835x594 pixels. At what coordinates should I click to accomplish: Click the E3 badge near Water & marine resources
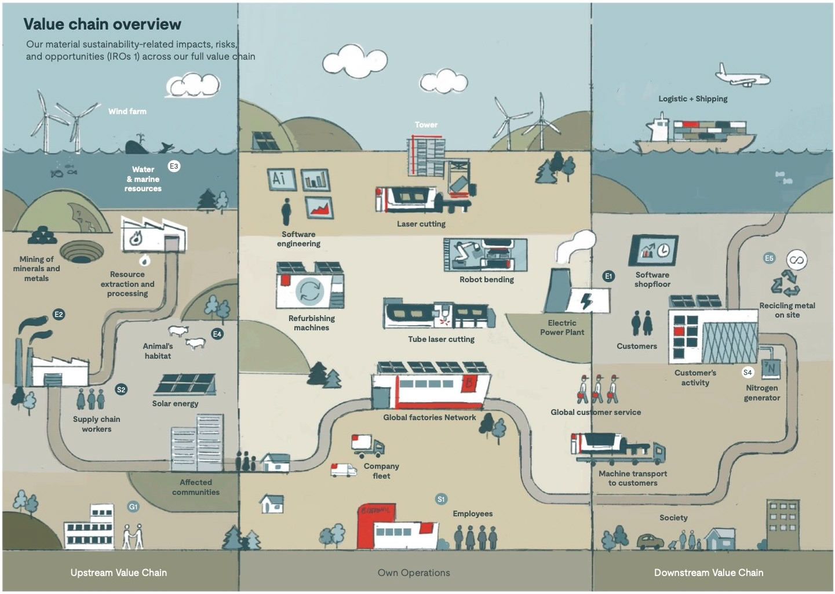174,166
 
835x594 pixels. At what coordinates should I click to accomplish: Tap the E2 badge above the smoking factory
59,314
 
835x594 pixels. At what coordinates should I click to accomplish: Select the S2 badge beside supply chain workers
121,389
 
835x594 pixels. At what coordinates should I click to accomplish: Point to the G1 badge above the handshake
133,506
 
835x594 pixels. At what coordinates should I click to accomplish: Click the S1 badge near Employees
441,500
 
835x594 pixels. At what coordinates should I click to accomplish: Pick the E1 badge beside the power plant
608,276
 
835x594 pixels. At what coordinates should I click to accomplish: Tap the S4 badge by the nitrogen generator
748,372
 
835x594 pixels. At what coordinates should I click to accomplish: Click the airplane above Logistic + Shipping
742,76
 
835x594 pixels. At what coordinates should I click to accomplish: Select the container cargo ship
694,134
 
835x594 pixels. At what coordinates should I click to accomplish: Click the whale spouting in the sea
137,145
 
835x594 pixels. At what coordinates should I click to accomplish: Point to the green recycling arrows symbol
785,283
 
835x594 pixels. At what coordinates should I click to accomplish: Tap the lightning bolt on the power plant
587,301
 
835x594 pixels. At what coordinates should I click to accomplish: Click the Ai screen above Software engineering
282,179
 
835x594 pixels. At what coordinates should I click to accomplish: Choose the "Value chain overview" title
102,24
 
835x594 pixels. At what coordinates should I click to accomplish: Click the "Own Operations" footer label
414,573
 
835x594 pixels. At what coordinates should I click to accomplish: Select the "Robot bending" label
487,279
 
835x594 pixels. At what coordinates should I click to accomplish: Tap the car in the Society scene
650,541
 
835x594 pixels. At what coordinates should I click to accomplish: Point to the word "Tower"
426,125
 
